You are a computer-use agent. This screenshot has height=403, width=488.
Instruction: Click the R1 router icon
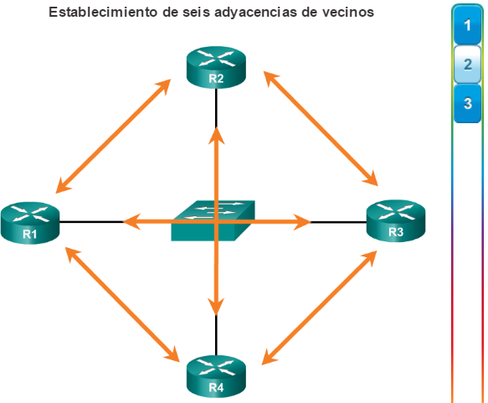point(30,223)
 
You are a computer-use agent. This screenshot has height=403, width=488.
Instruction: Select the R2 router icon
point(216,67)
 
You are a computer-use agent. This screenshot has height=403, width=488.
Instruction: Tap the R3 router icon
point(396,221)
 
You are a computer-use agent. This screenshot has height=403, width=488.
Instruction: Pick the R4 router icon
point(216,376)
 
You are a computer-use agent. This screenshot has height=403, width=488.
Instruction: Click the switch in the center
point(213,220)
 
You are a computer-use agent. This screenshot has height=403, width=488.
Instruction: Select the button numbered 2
point(467,65)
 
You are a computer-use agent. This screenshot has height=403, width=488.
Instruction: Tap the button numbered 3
point(467,103)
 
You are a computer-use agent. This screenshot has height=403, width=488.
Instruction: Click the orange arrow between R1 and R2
point(113,136)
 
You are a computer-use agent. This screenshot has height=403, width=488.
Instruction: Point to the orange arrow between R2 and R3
point(321,128)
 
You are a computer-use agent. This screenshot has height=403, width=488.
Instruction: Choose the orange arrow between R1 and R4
point(122,305)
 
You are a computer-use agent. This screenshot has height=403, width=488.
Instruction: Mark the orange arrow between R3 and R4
point(320,307)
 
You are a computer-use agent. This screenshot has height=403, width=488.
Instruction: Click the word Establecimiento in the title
point(103,12)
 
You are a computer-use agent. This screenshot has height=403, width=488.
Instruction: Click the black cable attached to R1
point(92,222)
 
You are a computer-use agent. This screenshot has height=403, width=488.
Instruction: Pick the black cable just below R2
point(216,108)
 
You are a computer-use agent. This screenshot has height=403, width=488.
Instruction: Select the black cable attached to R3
point(339,222)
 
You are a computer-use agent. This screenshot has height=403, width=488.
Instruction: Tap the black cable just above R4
point(216,335)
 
